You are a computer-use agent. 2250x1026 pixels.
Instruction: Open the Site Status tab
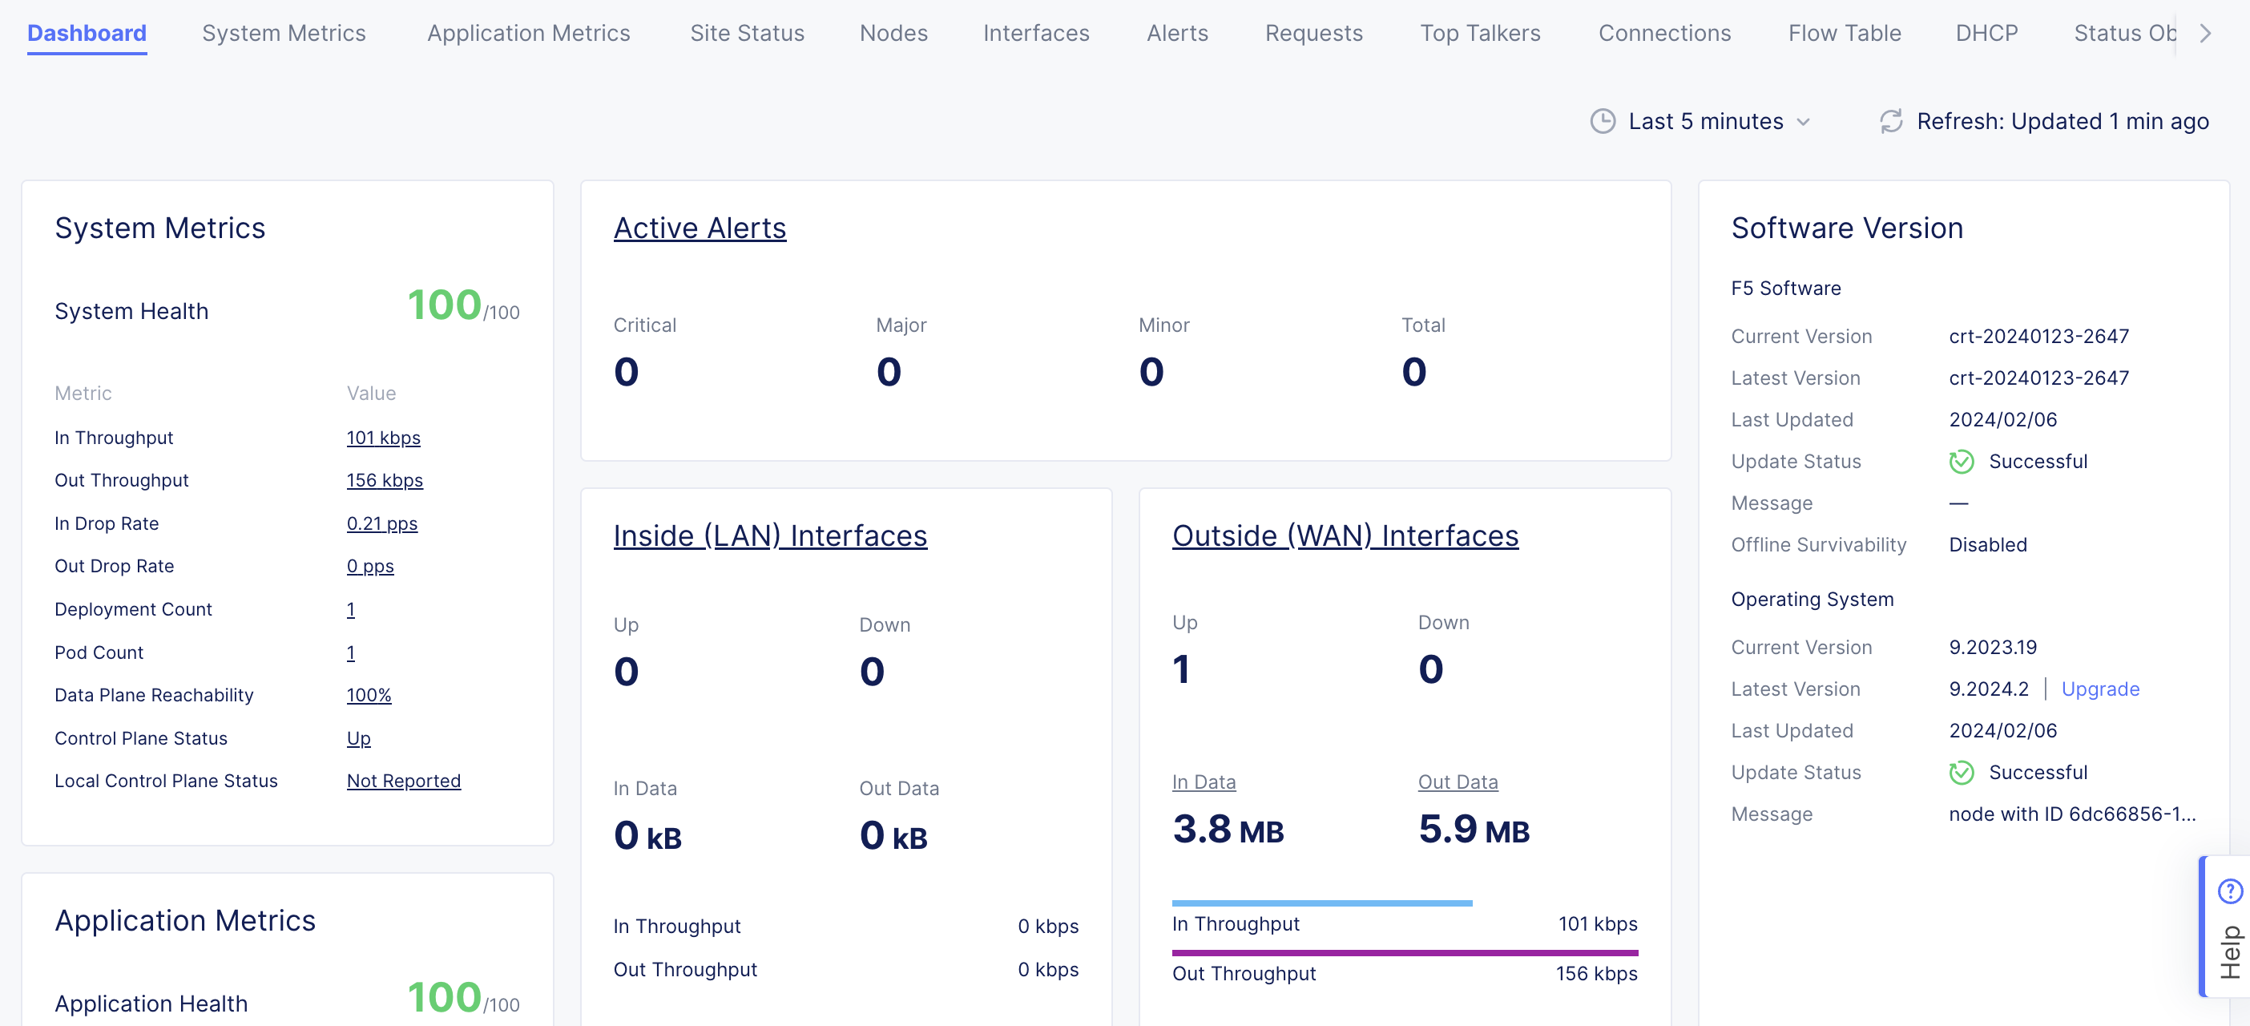pyautogui.click(x=747, y=33)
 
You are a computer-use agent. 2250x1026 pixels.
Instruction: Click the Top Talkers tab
pyautogui.click(x=1480, y=33)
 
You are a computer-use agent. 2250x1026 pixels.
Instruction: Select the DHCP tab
pyautogui.click(x=1986, y=33)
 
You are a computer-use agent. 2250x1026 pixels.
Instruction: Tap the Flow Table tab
pyautogui.click(x=1844, y=33)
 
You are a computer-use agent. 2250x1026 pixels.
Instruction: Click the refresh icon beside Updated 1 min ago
pyautogui.click(x=1891, y=122)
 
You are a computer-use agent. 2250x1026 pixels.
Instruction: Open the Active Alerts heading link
pyautogui.click(x=700, y=228)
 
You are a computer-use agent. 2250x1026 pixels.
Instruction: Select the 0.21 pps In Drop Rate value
pyautogui.click(x=381, y=523)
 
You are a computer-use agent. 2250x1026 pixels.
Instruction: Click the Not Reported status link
pyautogui.click(x=404, y=781)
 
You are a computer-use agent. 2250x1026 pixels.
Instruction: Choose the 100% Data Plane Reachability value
pyautogui.click(x=369, y=695)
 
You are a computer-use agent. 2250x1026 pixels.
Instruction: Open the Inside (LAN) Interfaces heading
pyautogui.click(x=769, y=535)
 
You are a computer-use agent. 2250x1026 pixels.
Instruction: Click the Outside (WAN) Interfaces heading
pyautogui.click(x=1345, y=535)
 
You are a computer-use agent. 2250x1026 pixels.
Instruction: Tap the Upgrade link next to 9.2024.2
pyautogui.click(x=2100, y=689)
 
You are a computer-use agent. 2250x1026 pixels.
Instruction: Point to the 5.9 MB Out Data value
pyautogui.click(x=1474, y=829)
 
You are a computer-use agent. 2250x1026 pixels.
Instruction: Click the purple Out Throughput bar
pyautogui.click(x=1405, y=952)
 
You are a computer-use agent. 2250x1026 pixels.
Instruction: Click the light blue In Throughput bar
pyautogui.click(x=1321, y=903)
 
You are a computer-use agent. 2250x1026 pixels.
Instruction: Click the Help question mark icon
pyautogui.click(x=2230, y=891)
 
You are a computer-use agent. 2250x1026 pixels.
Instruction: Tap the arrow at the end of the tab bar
pyautogui.click(x=2205, y=33)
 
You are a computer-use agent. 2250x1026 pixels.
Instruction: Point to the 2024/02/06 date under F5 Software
pyautogui.click(x=2003, y=419)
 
